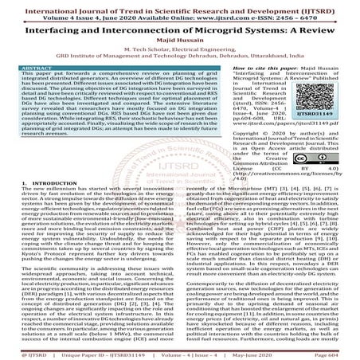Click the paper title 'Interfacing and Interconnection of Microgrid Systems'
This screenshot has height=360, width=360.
tap(179, 27)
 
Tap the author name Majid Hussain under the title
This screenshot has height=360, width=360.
tap(179, 39)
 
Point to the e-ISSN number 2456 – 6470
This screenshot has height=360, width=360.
tap(303, 14)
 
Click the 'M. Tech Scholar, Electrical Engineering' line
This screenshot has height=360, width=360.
tap(179, 48)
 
